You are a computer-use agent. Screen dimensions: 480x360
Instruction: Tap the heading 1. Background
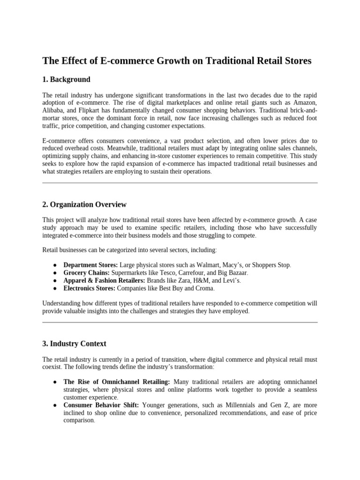[66, 79]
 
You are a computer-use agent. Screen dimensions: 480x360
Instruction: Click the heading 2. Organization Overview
[84, 204]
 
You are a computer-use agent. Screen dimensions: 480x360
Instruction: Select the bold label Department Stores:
[90, 265]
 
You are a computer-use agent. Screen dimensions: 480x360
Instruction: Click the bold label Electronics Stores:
[90, 288]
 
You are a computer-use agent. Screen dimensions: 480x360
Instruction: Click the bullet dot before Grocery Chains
[55, 273]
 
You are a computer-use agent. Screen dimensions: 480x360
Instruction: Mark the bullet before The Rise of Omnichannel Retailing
[55, 382]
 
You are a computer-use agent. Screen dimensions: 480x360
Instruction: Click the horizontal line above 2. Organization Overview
[180, 183]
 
